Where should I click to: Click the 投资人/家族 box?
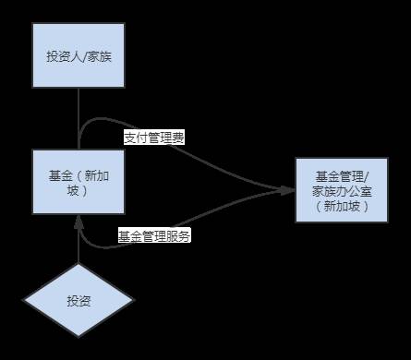click(x=79, y=55)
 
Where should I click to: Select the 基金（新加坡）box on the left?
click(x=79, y=182)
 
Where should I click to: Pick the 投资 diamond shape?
click(x=79, y=301)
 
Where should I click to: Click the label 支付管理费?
click(x=154, y=138)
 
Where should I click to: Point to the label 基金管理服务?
click(x=154, y=236)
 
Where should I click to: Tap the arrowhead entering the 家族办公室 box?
click(x=287, y=190)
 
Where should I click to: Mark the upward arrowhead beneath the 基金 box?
click(x=79, y=222)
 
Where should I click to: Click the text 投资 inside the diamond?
click(x=79, y=301)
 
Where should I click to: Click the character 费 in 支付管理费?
click(x=178, y=138)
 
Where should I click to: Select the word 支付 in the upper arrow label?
click(x=135, y=138)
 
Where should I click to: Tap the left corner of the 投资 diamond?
click(x=25, y=301)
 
